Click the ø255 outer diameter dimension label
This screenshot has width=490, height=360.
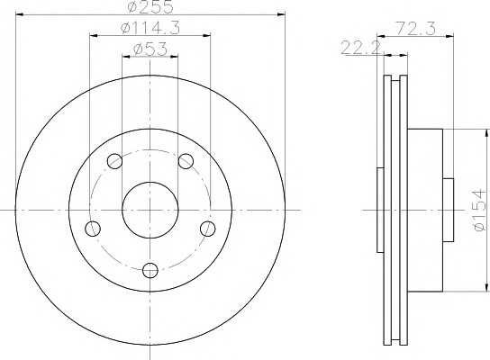[x=150, y=7]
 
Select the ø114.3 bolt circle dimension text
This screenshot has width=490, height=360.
[x=150, y=29]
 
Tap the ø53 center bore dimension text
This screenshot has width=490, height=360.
[x=150, y=49]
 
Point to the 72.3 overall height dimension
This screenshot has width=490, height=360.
[x=415, y=29]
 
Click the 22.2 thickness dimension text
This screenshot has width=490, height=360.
[x=361, y=48]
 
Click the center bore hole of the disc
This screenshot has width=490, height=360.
[x=150, y=210]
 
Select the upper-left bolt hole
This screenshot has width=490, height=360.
[x=114, y=161]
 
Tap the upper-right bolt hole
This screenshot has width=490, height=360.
[x=186, y=161]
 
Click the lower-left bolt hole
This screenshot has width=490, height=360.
[x=93, y=229]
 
